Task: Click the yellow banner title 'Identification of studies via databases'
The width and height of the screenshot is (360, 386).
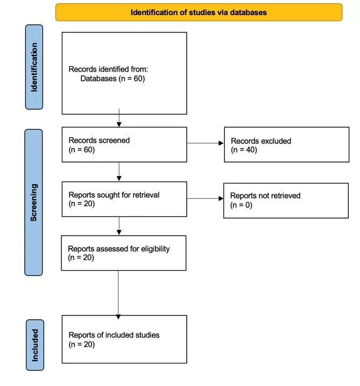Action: pos(199,12)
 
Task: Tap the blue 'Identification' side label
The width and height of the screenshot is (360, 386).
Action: pos(34,67)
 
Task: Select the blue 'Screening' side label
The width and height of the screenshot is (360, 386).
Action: pos(34,202)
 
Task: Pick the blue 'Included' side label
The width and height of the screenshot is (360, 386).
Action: pos(35,345)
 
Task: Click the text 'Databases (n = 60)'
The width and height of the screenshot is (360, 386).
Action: pos(112,79)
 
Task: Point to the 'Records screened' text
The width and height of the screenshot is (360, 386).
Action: pos(99,141)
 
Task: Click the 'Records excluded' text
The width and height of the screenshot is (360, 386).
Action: pos(261,141)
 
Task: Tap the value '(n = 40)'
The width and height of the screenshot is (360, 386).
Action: pos(244,150)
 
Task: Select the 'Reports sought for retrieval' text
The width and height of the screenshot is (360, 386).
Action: pos(114,195)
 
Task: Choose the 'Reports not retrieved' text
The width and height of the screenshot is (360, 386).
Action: pos(265,195)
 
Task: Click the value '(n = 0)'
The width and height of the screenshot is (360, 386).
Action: pos(241,205)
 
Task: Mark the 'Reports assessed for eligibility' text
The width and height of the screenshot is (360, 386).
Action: pos(119,249)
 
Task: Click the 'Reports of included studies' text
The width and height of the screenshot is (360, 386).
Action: pos(114,335)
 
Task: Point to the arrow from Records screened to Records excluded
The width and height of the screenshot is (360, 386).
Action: pos(205,143)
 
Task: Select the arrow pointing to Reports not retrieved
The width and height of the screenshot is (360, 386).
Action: pos(205,199)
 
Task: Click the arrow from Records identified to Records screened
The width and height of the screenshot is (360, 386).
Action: pos(119,118)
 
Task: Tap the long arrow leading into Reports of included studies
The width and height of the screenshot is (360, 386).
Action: pos(118,295)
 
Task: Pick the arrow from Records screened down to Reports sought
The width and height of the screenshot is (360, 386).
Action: pos(119,171)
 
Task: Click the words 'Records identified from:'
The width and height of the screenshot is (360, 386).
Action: pos(108,69)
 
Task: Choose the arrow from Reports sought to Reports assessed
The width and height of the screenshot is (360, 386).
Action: pos(119,226)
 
